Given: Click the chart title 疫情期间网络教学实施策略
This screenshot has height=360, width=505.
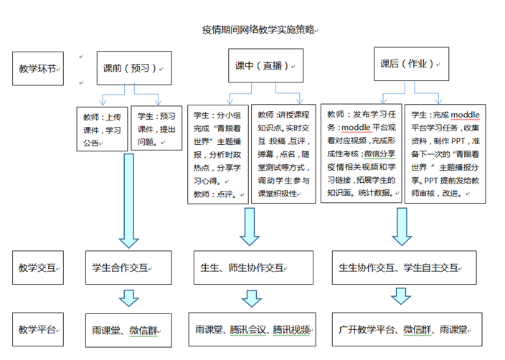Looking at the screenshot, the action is (258, 29).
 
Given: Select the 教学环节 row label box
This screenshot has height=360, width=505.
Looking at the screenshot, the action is (38, 69).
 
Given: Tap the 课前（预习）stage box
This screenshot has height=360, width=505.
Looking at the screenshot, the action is (134, 68).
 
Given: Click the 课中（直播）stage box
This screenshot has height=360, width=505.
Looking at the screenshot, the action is (265, 65).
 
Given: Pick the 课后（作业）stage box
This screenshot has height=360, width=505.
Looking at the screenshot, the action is (411, 64).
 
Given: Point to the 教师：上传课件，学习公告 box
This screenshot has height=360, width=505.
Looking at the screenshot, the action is (102, 129).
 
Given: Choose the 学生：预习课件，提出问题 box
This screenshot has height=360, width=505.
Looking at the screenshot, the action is (156, 128).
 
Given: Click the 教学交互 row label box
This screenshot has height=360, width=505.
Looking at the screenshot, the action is (38, 267).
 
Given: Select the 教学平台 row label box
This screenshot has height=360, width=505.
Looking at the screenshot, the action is (38, 329).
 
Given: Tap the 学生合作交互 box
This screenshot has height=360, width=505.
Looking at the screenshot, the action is (128, 267).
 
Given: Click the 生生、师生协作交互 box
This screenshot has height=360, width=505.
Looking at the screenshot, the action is (253, 267).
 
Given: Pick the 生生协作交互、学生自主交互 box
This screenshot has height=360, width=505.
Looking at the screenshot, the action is (404, 267).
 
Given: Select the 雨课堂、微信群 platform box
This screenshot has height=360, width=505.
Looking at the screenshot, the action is (128, 331).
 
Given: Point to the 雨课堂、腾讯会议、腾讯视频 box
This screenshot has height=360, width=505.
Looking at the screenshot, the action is (252, 329).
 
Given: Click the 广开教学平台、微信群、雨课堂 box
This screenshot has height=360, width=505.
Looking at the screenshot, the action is (407, 329).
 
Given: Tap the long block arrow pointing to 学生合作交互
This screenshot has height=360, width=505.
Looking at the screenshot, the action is (129, 201).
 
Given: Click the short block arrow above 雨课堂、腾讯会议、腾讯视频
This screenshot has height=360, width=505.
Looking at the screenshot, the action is (252, 298).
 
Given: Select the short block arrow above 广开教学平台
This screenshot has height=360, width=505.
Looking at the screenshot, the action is (401, 296).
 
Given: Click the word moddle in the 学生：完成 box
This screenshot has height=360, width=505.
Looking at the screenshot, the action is (465, 115).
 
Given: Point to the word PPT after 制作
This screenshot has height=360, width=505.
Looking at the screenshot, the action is (458, 141).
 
